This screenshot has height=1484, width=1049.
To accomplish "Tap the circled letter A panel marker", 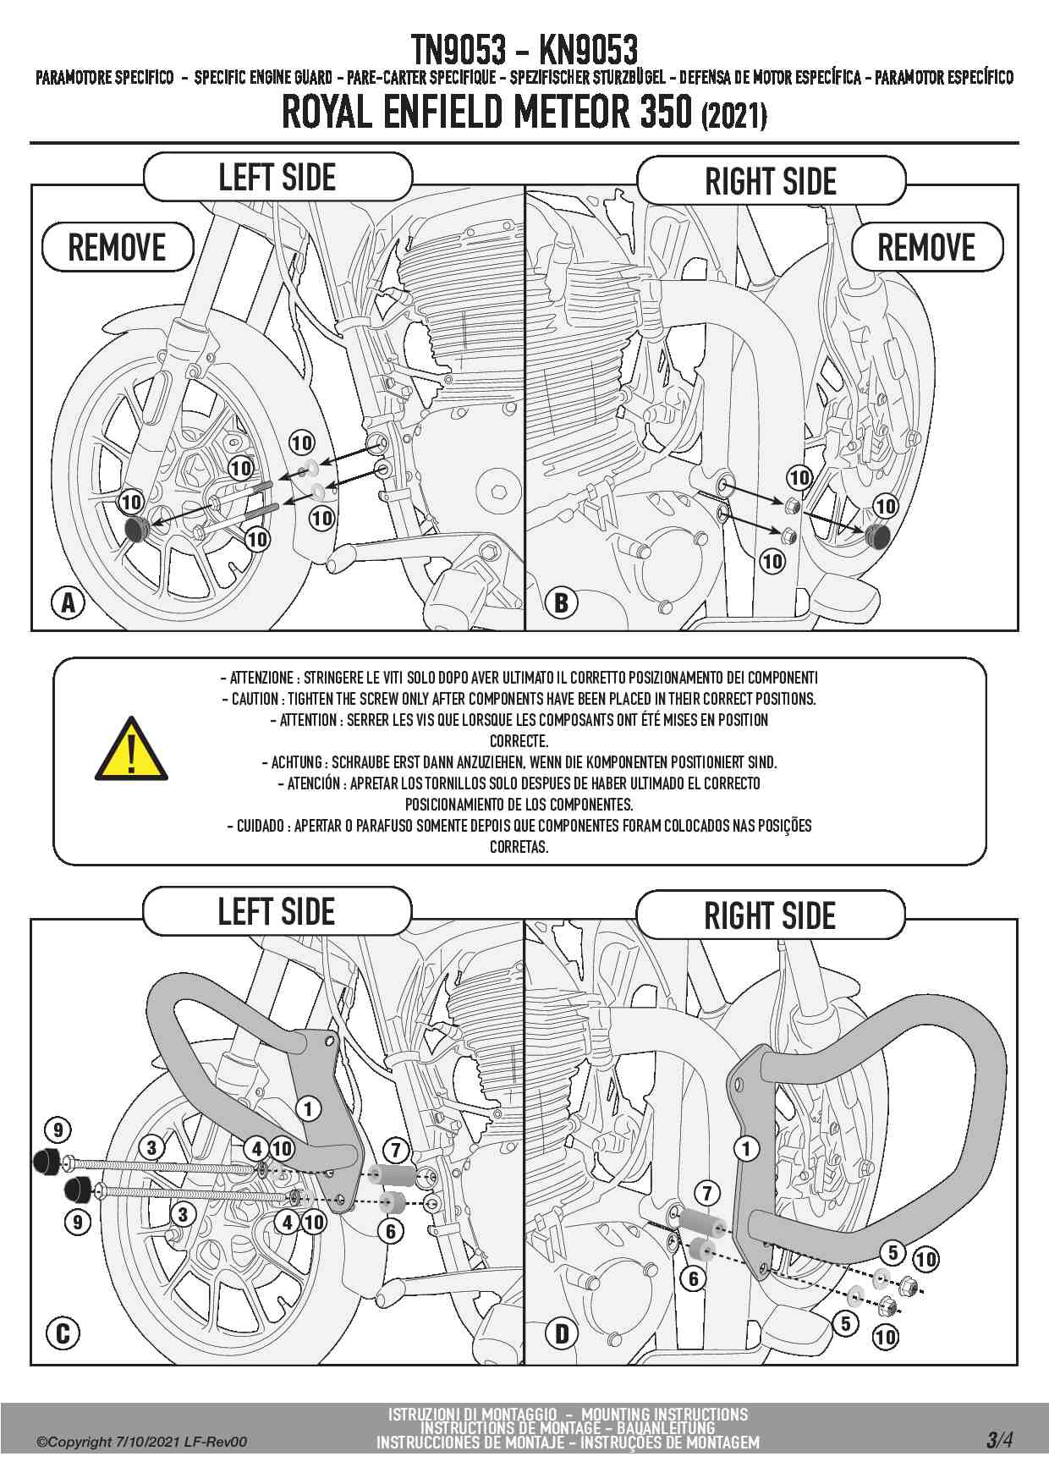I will [68, 603].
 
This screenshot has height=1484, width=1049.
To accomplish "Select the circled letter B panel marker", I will [561, 603].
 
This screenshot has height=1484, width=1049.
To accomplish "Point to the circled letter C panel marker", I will [63, 1334].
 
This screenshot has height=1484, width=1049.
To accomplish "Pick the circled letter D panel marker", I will [562, 1335].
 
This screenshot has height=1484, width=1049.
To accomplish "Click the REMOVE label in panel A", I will [118, 248].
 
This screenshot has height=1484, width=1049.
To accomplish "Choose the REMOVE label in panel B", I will [926, 248].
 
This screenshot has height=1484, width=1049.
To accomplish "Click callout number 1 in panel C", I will [308, 1108].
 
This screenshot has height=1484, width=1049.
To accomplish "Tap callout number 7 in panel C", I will [396, 1151].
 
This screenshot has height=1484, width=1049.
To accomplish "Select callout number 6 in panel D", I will [694, 1278].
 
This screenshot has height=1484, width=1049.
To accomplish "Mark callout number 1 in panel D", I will [745, 1149].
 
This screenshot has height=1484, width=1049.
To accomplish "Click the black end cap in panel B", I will [876, 536].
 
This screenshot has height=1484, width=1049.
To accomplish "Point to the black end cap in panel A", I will [136, 530].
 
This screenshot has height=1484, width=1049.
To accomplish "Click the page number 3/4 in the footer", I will [999, 1440].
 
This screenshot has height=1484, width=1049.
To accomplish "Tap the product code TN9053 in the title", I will [458, 51].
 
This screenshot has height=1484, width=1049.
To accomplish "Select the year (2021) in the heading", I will [733, 115].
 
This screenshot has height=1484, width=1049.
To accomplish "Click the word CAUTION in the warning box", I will [255, 699].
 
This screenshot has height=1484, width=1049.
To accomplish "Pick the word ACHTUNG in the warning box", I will [296, 762].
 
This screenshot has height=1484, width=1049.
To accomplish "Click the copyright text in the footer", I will [141, 1442].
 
